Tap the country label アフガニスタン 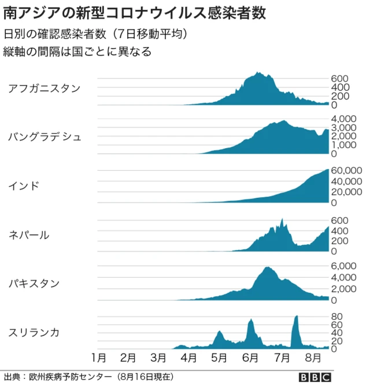point(44,88)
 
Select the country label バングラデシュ point(45,137)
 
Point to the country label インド point(24,186)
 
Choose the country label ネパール point(29,234)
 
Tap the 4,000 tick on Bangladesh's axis point(343,119)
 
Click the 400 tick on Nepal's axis point(339,231)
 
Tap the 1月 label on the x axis point(99,356)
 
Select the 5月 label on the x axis point(219,356)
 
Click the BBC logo point(315,376)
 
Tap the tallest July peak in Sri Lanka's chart point(296,316)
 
